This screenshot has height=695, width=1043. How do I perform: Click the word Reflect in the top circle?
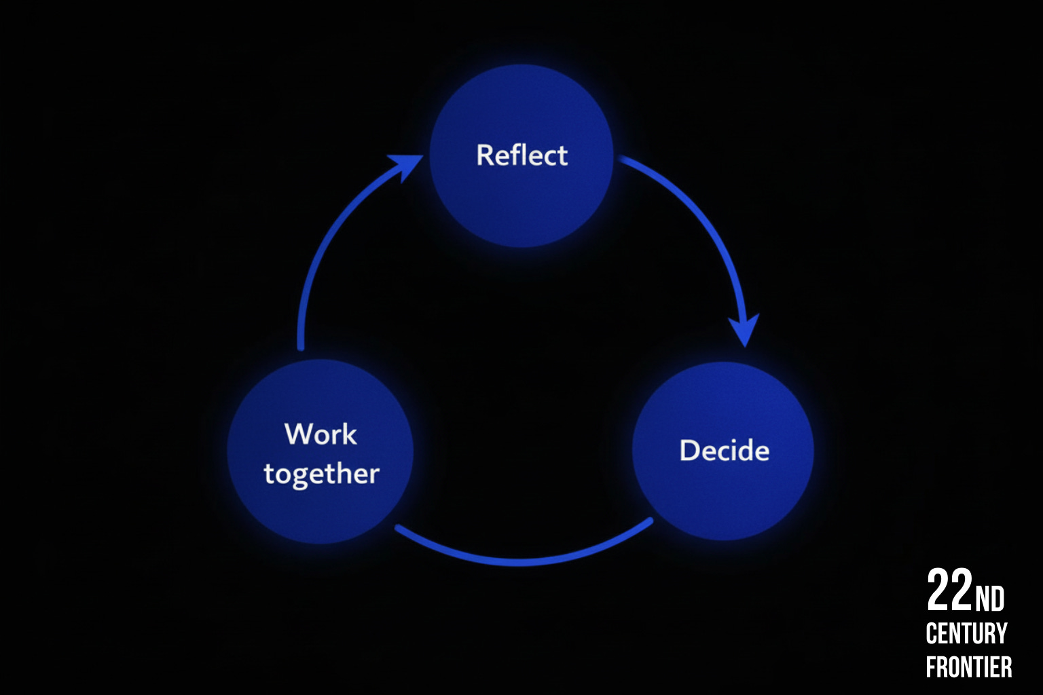click(x=521, y=155)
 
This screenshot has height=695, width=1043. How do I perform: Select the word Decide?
click(x=724, y=451)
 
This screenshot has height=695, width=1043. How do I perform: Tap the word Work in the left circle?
click(x=321, y=434)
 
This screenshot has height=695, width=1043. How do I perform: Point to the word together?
click(x=321, y=474)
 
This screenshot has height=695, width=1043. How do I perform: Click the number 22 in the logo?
click(x=949, y=590)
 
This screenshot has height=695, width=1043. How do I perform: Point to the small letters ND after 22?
click(x=989, y=599)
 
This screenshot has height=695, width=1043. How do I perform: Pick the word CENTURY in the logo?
click(x=966, y=634)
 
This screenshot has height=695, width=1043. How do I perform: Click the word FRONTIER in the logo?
click(x=969, y=666)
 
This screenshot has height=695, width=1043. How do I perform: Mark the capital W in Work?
click(x=297, y=434)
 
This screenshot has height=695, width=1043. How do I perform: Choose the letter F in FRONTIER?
click(x=932, y=666)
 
